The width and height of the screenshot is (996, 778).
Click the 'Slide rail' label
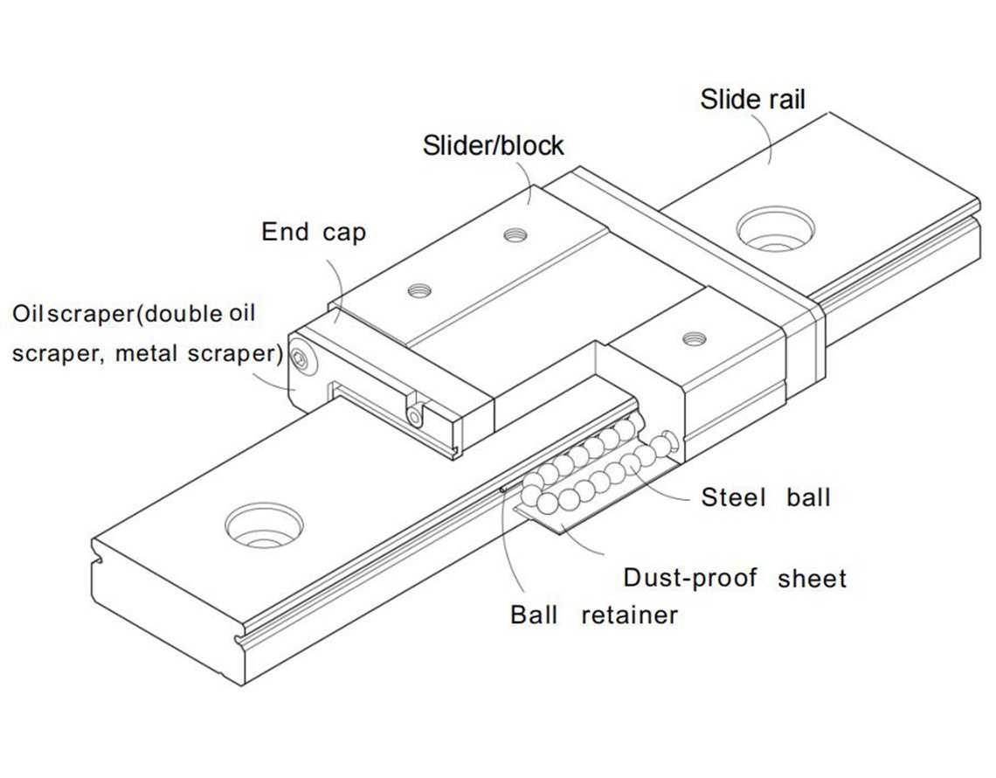click(x=753, y=100)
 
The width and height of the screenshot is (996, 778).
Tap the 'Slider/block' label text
click(x=493, y=146)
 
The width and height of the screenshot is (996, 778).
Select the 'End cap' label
click(x=314, y=232)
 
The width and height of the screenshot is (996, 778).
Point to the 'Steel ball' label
click(x=765, y=497)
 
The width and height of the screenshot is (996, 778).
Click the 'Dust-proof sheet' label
click(x=735, y=579)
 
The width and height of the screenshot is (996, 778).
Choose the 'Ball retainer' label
click(x=594, y=615)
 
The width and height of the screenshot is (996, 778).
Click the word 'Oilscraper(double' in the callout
click(x=118, y=313)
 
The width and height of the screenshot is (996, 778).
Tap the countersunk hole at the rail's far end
click(x=775, y=227)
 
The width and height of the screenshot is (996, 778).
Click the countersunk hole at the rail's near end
click(x=264, y=525)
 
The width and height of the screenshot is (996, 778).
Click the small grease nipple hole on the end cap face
click(x=415, y=418)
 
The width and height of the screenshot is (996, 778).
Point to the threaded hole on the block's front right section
click(x=695, y=338)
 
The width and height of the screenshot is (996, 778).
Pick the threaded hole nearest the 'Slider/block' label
click(x=515, y=234)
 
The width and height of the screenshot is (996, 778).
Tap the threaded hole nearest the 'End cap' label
click(x=419, y=290)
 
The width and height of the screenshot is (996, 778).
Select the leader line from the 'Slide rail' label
click(x=767, y=139)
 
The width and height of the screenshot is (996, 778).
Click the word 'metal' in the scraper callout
click(x=145, y=353)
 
